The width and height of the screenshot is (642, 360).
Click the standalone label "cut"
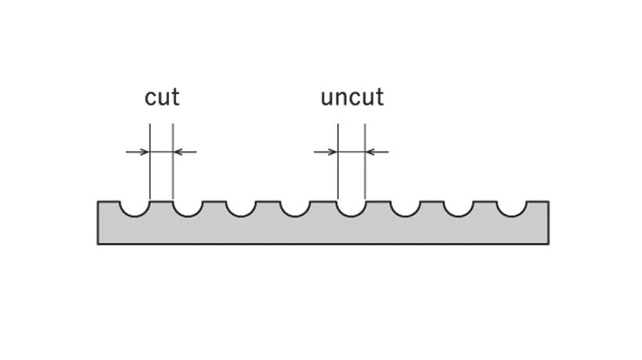pyautogui.click(x=162, y=97)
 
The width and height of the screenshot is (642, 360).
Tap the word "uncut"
pyautogui.click(x=352, y=97)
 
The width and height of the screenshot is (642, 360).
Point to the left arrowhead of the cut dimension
pyautogui.click(x=145, y=152)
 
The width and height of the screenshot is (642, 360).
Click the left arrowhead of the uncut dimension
pyautogui.click(x=334, y=152)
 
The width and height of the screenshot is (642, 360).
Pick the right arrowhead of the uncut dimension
pyautogui.click(x=370, y=152)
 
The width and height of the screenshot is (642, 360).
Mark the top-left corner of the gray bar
pyautogui.click(x=99, y=202)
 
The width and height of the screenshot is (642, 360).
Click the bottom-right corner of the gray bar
pyautogui.click(x=548, y=243)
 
